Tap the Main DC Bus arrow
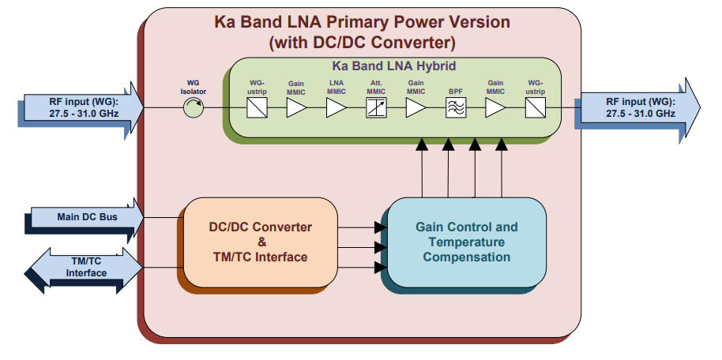coord(84,216)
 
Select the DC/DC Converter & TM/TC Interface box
coord(260,242)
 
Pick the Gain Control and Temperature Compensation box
coord(466,242)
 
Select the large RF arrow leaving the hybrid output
coord(640,107)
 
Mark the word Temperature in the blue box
coord(467,242)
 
